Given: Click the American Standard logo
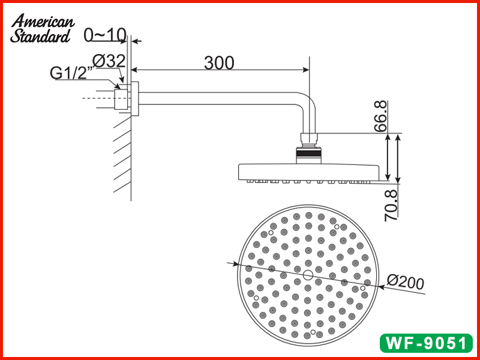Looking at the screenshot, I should tap(42, 29).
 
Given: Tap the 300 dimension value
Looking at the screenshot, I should tap(219, 62).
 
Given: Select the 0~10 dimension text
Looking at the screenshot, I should tap(105, 35).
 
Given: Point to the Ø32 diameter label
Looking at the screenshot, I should tap(109, 61).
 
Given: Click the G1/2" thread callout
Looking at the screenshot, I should tap(71, 73).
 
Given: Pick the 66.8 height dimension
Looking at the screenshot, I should tap(380, 117).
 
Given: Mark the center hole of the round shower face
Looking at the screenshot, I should tap(308, 275).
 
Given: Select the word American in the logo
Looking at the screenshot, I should tap(44, 22).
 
